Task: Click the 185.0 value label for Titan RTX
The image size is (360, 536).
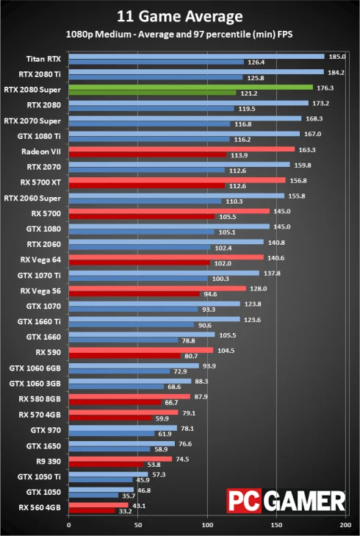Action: (339, 56)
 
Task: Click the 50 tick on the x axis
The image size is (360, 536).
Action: (137, 526)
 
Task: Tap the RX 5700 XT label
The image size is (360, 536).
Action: (41, 181)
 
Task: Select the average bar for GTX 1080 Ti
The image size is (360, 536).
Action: (184, 134)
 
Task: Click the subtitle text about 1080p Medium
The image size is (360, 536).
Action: (179, 34)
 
